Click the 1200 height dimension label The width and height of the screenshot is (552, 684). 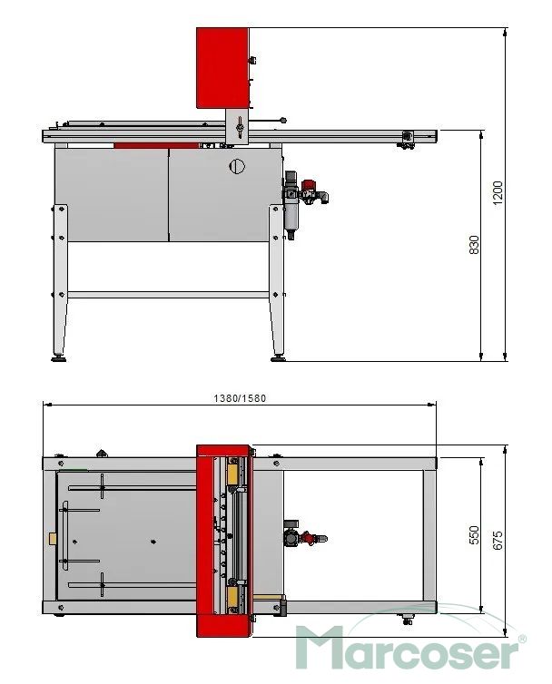pos(497,193)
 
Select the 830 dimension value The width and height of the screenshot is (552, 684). pos(473,245)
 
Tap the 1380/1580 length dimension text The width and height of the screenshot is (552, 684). pos(240,398)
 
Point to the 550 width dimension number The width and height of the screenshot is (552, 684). pos(474,535)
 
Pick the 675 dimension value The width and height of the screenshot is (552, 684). pos(498,541)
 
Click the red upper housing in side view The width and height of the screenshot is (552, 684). pos(222,68)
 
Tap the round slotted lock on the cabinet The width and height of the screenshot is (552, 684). pos(237,166)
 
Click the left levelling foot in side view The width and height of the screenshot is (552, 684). pos(59,358)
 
